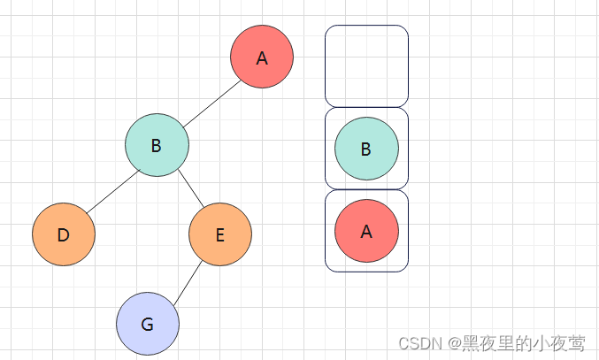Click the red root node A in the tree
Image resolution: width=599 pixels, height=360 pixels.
click(261, 57)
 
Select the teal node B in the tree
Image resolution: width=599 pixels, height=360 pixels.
click(157, 145)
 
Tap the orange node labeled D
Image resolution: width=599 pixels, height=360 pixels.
click(64, 234)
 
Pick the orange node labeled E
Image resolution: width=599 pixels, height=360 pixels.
click(220, 234)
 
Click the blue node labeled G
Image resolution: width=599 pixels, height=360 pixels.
click(148, 324)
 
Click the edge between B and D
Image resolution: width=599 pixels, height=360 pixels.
click(111, 190)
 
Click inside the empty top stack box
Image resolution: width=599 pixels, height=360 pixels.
click(366, 66)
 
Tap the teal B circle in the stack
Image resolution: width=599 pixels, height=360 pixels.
click(366, 149)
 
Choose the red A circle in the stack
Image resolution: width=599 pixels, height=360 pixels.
click(366, 231)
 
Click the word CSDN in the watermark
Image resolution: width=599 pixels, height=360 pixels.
click(420, 343)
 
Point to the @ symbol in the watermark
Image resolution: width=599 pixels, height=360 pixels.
click(454, 343)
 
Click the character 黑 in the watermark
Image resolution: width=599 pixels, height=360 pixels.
click(472, 343)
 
